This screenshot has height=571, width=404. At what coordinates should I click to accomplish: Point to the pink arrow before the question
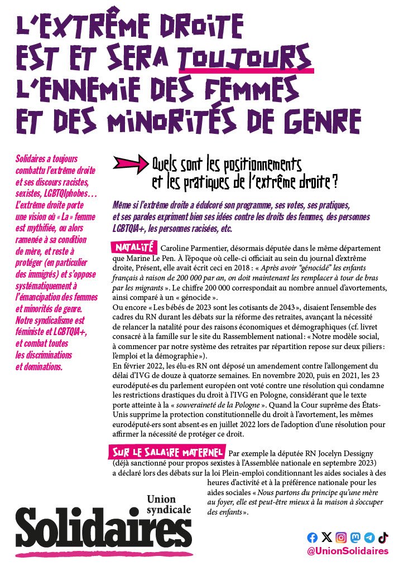click(129, 163)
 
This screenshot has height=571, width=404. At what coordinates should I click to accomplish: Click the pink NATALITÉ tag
click(133, 247)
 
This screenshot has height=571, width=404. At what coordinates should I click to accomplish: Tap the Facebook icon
click(312, 538)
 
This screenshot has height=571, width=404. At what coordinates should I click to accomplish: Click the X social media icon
click(326, 538)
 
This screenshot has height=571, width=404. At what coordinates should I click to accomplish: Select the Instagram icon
click(341, 538)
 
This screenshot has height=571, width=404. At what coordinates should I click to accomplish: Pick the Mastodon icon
click(355, 538)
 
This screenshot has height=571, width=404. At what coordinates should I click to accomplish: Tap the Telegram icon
click(369, 538)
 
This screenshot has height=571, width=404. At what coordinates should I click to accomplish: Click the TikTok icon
click(383, 538)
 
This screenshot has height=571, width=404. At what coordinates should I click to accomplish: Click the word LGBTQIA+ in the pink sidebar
click(68, 332)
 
